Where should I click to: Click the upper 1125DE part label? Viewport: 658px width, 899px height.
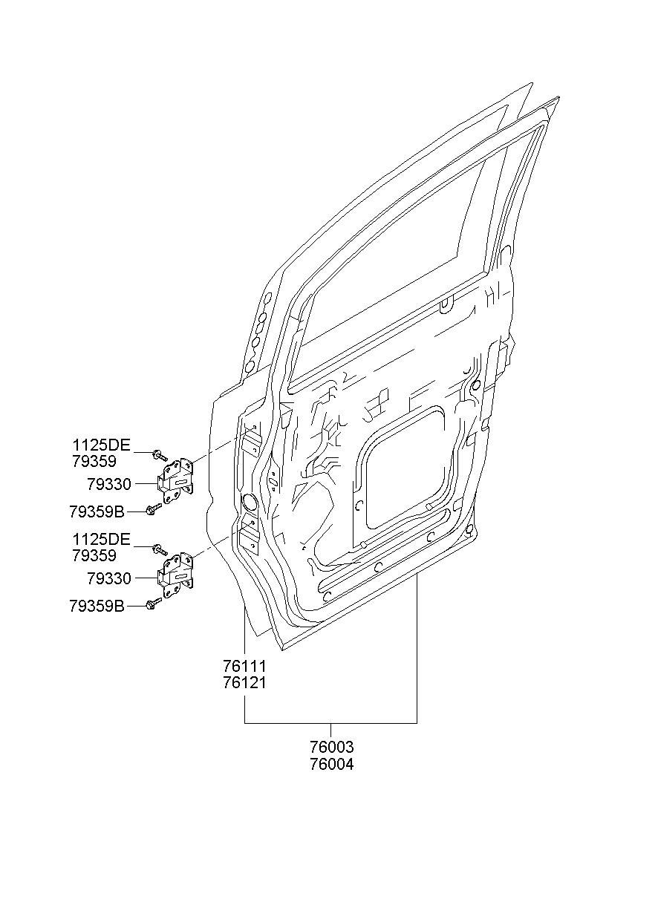coord(102,445)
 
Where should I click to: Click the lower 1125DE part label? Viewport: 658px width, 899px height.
coord(102,540)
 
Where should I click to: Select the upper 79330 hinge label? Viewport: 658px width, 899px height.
coord(109,485)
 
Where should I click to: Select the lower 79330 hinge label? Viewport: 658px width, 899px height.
coord(109,579)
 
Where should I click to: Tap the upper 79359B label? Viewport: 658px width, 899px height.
coord(97,511)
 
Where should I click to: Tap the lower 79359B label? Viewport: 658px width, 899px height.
coord(97,606)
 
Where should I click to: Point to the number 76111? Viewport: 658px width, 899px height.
coord(245,667)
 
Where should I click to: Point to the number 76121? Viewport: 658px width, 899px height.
coord(245,683)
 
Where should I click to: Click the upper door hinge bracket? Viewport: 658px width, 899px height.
coord(175,482)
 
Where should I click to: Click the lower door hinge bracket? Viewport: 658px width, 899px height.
coord(175,576)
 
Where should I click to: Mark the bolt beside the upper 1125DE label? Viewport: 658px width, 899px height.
coord(160,456)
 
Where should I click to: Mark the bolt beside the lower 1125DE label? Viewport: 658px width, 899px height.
coord(160,549)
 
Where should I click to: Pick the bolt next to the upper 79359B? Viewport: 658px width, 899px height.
coord(154,509)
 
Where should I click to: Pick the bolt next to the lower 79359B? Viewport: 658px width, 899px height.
coord(154,604)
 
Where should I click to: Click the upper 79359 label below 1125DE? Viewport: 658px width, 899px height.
coord(94,462)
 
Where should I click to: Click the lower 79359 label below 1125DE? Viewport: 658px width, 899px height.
coord(94,556)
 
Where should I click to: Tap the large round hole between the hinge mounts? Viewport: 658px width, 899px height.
coord(250,503)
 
